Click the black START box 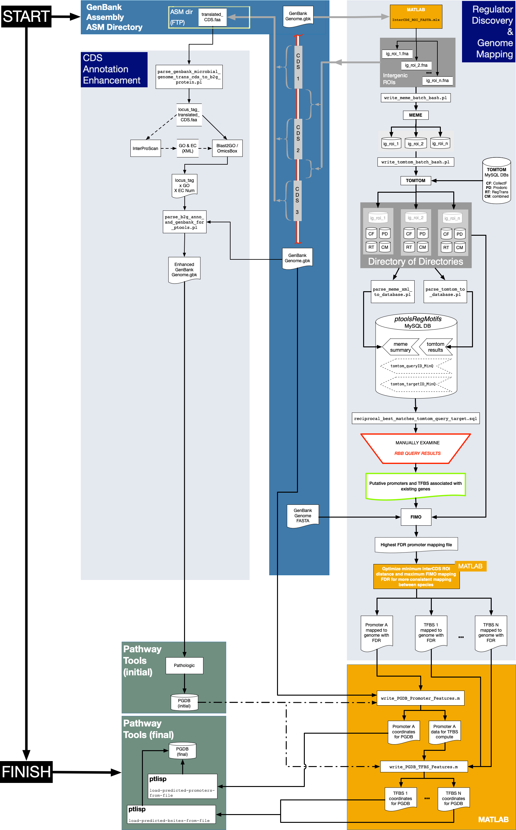pos(26,16)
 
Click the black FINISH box pos(26,772)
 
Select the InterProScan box pos(145,148)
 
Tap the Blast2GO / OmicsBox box pos(227,148)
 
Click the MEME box pos(416,115)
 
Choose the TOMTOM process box pos(416,181)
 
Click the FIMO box pos(416,517)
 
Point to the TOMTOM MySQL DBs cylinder pos(497,181)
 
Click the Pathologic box pos(184,665)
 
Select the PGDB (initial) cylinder pos(184,703)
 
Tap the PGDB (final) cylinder pos(183,751)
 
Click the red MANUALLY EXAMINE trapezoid pos(416,448)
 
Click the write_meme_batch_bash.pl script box pos(416,98)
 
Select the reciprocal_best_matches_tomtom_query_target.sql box pos(416,418)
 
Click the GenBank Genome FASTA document pos(303,516)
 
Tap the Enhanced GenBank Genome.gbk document pos(184,269)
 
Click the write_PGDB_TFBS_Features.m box pos(424,767)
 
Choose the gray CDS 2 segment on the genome pos(298,139)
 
